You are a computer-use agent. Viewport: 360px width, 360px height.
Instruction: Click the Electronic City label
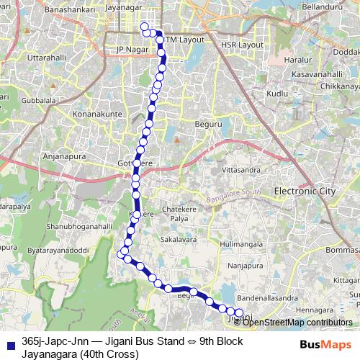[305, 191]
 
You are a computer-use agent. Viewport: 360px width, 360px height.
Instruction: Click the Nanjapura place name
[243, 265]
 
